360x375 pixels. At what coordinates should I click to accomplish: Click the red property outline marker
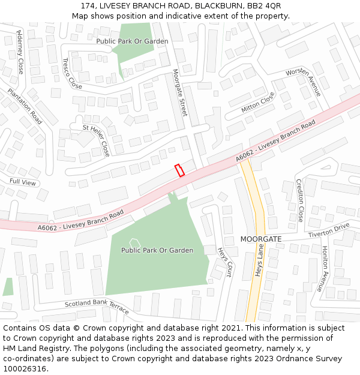(179, 170)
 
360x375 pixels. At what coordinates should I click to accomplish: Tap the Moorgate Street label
(180, 93)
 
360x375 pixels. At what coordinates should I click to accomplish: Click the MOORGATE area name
(261, 239)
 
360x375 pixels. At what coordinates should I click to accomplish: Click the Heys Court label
(224, 262)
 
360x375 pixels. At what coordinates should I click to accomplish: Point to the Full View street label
(23, 182)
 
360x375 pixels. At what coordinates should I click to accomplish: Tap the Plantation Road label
(25, 106)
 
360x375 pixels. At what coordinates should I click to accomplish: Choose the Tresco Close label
(71, 74)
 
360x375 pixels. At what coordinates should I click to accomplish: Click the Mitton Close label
(258, 103)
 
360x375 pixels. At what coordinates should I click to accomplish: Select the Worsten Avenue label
(303, 82)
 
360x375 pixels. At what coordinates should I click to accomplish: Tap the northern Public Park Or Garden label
(132, 41)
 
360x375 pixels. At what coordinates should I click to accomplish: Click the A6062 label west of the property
(80, 220)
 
